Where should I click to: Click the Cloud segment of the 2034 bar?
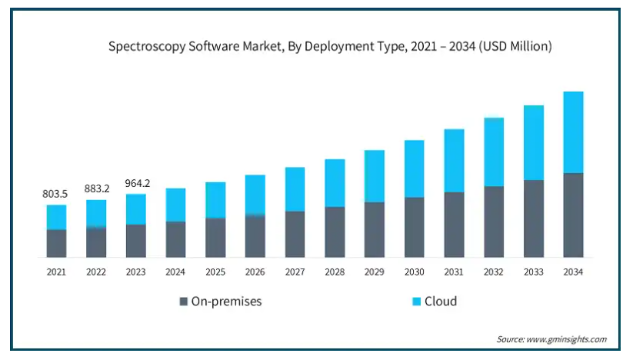(573, 132)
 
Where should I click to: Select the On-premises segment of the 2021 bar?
(56, 243)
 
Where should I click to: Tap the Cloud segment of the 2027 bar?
(295, 189)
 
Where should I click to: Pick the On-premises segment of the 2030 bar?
(414, 227)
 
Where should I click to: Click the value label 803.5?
(56, 195)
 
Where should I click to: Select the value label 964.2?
(136, 184)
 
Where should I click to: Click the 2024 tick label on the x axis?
(175, 272)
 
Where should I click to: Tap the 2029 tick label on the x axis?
(374, 272)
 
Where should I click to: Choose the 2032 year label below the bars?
(493, 272)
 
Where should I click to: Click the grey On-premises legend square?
(183, 302)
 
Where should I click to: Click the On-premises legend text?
(226, 302)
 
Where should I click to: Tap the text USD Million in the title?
(517, 47)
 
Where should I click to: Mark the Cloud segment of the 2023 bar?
(136, 209)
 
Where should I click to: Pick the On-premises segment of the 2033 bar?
(533, 218)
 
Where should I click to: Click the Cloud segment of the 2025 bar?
(215, 200)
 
